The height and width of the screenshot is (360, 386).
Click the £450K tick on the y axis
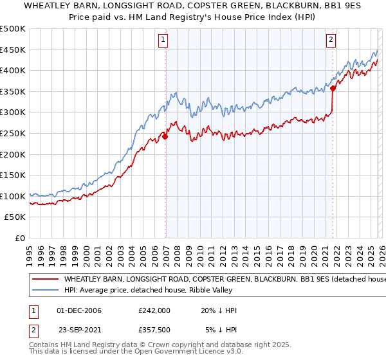13,50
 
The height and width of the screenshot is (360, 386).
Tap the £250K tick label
13,133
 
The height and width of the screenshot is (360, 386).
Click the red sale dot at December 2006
165,137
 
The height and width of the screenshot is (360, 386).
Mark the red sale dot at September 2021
333,89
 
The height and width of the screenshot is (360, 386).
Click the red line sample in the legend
45,280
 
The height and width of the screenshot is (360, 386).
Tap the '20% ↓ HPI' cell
219,310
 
